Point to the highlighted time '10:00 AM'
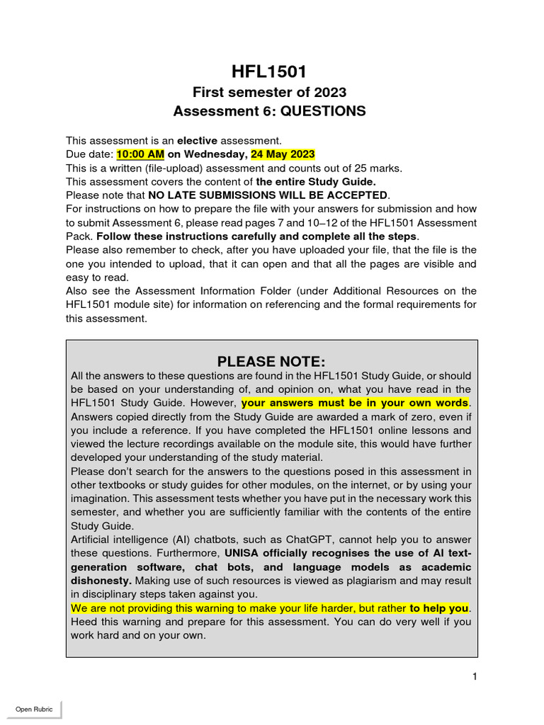pyautogui.click(x=140, y=154)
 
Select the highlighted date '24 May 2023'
pyautogui.click(x=283, y=154)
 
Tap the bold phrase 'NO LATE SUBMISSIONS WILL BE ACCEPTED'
pyautogui.click(x=268, y=195)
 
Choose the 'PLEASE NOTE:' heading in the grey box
pyautogui.click(x=271, y=362)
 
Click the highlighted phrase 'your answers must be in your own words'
pyautogui.click(x=355, y=403)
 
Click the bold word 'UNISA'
pyautogui.click(x=245, y=553)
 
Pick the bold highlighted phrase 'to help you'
pyautogui.click(x=438, y=608)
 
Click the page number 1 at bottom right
pyautogui.click(x=475, y=677)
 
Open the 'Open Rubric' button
pyautogui.click(x=34, y=709)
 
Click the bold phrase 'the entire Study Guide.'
pyautogui.click(x=316, y=181)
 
